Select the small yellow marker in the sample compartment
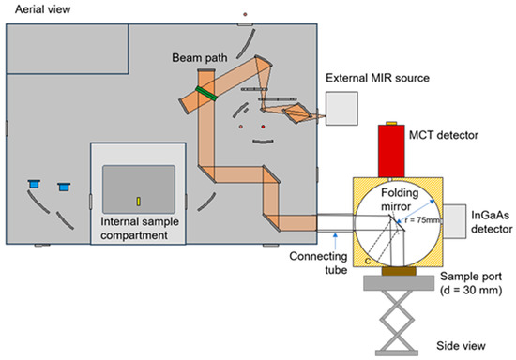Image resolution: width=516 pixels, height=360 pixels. pyautogui.click(x=138, y=200)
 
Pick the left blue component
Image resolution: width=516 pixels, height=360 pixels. pyautogui.click(x=35, y=183)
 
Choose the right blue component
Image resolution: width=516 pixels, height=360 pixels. pyautogui.click(x=63, y=187)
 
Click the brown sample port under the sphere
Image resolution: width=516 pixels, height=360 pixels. pyautogui.click(x=387, y=274)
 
